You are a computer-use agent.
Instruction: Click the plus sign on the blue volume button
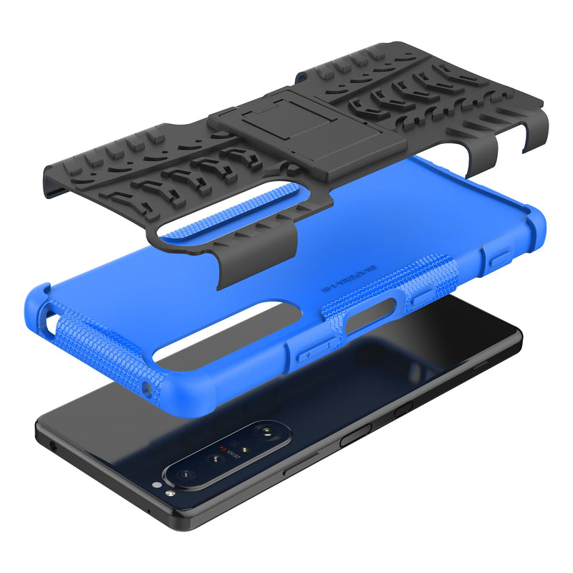[x=308, y=355]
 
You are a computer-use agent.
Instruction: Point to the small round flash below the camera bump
[x=168, y=493]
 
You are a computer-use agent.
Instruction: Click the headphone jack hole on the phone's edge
[x=54, y=445]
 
